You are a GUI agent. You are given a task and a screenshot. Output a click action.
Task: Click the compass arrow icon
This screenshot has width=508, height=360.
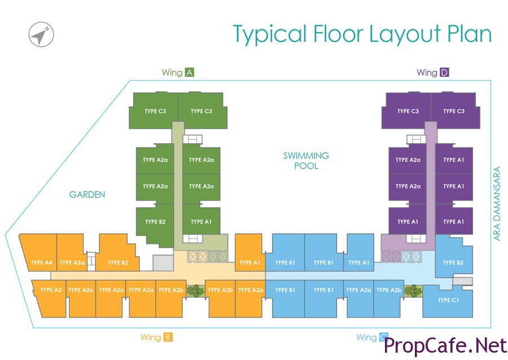coord(41,36)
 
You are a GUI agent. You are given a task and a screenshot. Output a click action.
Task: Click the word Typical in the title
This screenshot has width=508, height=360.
coord(269,35)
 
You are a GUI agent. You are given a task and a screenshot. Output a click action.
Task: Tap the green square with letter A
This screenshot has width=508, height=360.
coord(190,72)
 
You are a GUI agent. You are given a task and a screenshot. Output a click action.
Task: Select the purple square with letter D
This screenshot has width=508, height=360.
coord(444,72)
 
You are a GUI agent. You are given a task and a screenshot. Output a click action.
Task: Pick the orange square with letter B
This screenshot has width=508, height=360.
coord(168,337)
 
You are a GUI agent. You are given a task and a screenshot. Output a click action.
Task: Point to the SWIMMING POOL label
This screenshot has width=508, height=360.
coord(306,160)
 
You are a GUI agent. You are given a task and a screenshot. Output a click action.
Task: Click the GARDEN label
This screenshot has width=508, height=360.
coord(87,195)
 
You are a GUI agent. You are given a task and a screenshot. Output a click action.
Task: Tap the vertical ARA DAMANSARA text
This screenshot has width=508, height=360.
coord(497,203)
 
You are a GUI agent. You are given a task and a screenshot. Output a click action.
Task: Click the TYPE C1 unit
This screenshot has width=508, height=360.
coord(448,300)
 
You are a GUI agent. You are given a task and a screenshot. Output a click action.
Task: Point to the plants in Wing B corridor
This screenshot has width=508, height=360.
coord(195,291)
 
